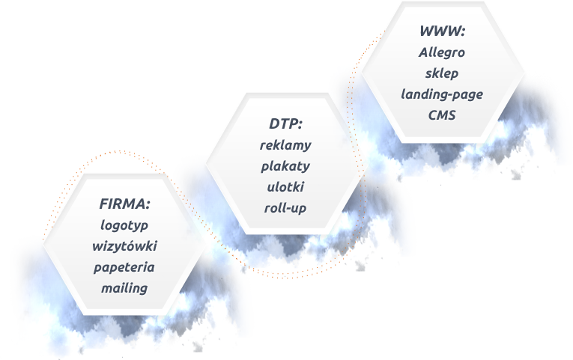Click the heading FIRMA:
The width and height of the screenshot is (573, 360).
coord(125,203)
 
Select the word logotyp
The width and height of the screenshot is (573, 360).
coord(125,224)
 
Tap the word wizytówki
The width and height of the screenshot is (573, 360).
coord(125,245)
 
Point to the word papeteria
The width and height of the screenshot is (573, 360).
coord(125,266)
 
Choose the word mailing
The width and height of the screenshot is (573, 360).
coord(125,287)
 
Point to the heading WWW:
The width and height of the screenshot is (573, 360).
coord(442,32)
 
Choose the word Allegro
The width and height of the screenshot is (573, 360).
coord(442,53)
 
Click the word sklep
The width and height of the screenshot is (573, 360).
coord(442,74)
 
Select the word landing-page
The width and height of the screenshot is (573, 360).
coord(442,95)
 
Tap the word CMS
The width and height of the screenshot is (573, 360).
coord(442,116)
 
